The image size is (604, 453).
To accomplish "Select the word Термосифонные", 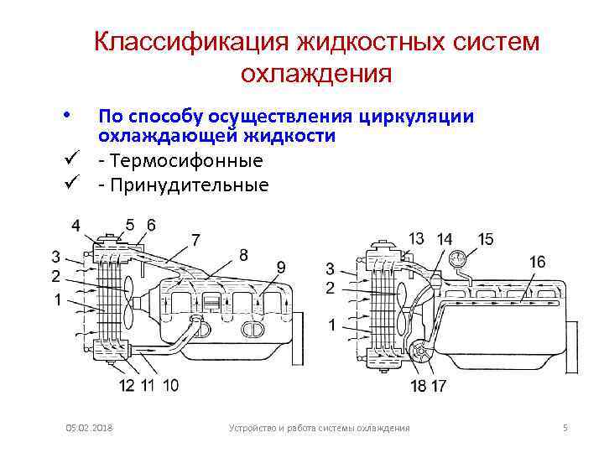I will pyautogui.click(x=185, y=160).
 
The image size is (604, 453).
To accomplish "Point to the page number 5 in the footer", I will pyautogui.click(x=565, y=429).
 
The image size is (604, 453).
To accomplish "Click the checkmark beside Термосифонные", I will pyautogui.click(x=76, y=160).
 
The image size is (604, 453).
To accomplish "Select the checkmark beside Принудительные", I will pyautogui.click(x=76, y=185).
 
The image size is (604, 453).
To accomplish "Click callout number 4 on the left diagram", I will pyautogui.click(x=76, y=226).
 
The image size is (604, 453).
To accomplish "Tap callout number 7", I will pyautogui.click(x=195, y=240).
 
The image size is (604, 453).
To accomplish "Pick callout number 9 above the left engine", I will pyautogui.click(x=281, y=268).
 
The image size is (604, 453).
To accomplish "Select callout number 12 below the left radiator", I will pyautogui.click(x=128, y=386).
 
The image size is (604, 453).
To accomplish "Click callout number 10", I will pyautogui.click(x=170, y=386).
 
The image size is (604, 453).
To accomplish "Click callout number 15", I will pyautogui.click(x=485, y=239).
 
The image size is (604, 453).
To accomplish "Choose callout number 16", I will pyautogui.click(x=537, y=263).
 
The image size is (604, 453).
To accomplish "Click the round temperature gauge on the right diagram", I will pyautogui.click(x=458, y=259).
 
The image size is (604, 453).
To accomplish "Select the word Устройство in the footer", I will pyautogui.click(x=254, y=429).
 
